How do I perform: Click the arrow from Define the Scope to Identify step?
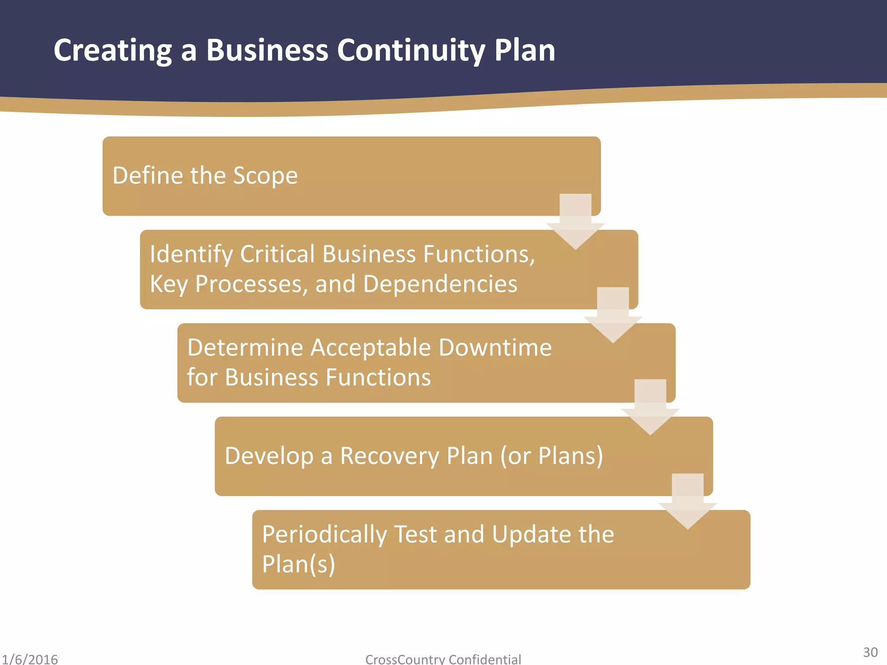pyautogui.click(x=575, y=221)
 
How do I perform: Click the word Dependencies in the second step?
pyautogui.click(x=440, y=284)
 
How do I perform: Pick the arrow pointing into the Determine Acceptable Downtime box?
pyautogui.click(x=613, y=315)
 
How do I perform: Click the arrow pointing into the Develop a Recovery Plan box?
pyautogui.click(x=650, y=407)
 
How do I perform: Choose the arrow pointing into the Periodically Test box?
pyautogui.click(x=688, y=501)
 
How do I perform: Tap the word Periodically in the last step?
pyautogui.click(x=324, y=534)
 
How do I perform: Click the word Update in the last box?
pyautogui.click(x=531, y=534)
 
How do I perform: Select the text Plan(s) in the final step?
pyautogui.click(x=298, y=564)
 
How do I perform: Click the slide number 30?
pyautogui.click(x=870, y=652)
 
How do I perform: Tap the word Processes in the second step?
pyautogui.click(x=251, y=284)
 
